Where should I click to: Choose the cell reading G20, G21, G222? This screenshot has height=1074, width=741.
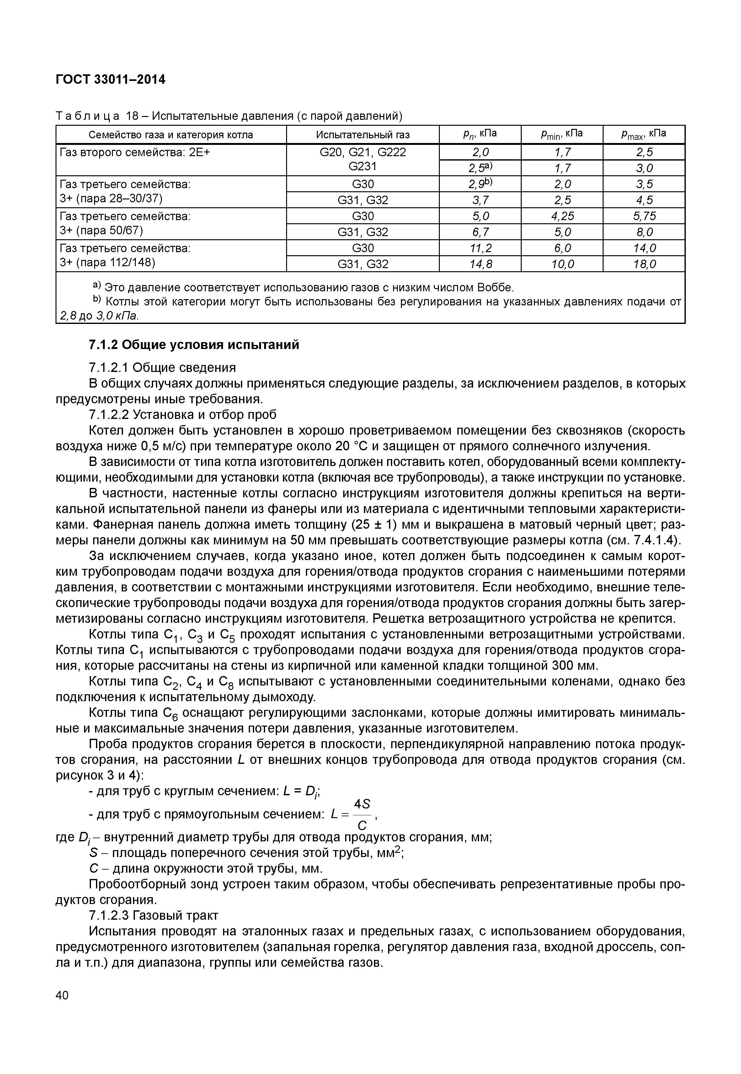tap(363, 152)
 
